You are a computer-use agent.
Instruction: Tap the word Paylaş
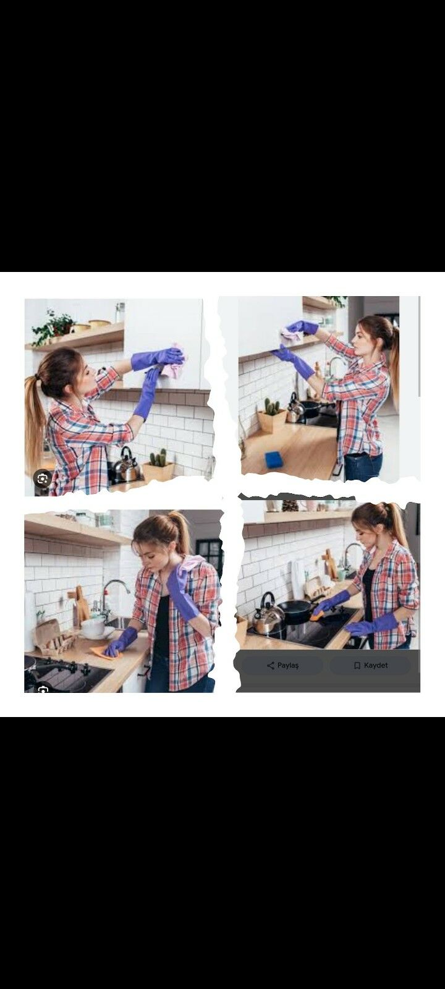click(x=288, y=665)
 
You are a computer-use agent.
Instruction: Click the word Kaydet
click(x=376, y=665)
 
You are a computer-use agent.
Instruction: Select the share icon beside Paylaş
click(x=271, y=665)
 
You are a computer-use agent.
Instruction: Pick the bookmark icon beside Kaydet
click(x=357, y=665)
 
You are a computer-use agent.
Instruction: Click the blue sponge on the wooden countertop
click(x=273, y=459)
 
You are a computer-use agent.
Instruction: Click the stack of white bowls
click(x=93, y=628)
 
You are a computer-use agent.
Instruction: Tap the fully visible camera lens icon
click(x=43, y=478)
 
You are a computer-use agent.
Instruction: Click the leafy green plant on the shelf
click(x=53, y=327)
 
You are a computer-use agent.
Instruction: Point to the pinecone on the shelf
click(x=289, y=506)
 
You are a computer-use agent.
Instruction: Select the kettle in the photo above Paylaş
click(x=268, y=614)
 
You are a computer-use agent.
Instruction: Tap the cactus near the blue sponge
click(x=272, y=407)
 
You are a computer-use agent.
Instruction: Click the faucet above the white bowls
click(x=112, y=594)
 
